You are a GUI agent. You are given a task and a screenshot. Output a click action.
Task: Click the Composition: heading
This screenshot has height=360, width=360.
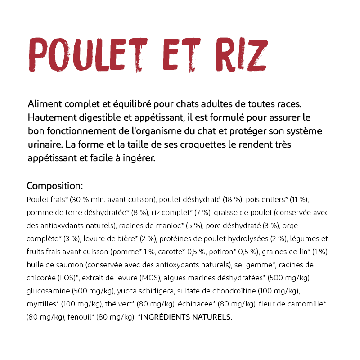pos(55,186)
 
